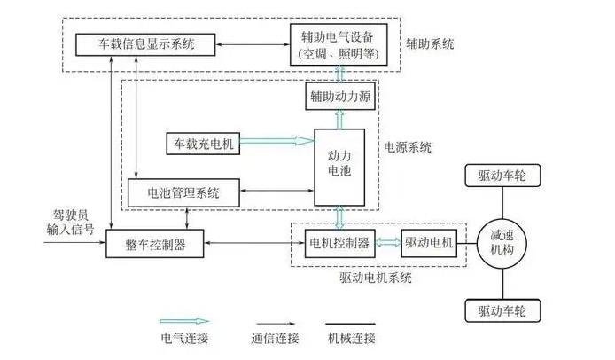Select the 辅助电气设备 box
[x=339, y=42]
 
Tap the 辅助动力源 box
[x=339, y=95]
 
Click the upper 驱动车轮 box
[x=502, y=176]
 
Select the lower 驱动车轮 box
[x=502, y=311]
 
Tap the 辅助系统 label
[x=432, y=42]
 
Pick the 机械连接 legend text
[x=352, y=338]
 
